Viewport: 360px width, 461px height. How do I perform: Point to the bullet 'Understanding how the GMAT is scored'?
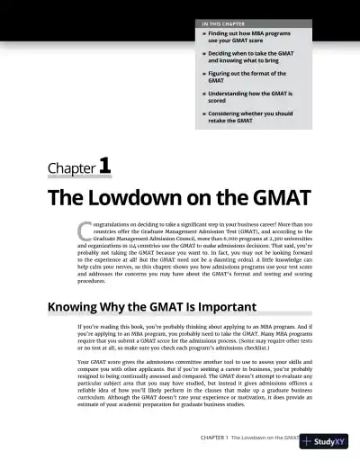click(243, 96)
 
